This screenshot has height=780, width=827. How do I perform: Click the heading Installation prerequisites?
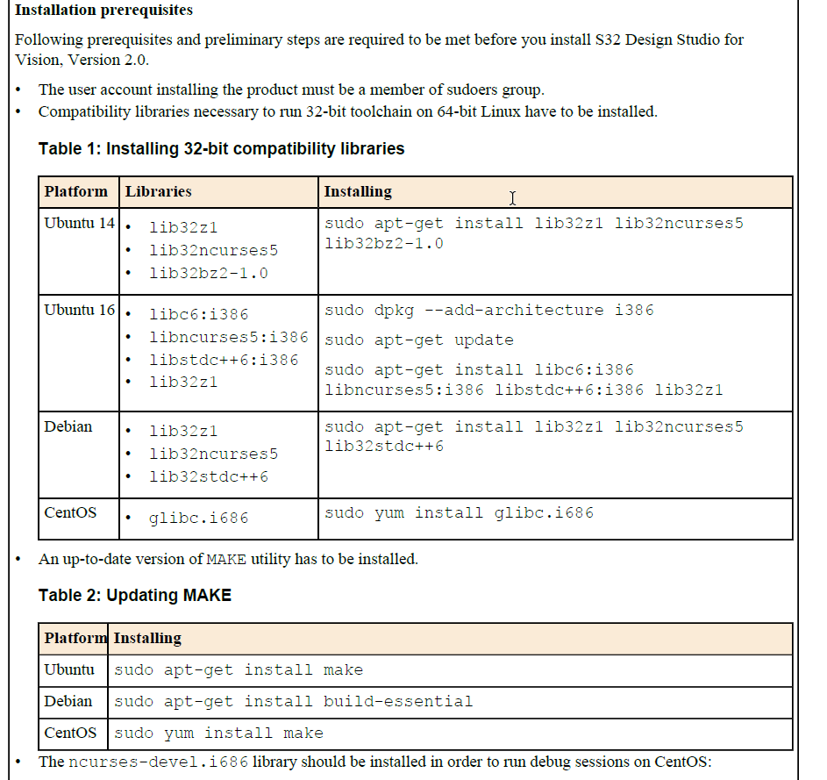point(104,11)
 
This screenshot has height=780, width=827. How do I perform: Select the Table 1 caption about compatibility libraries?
point(221,148)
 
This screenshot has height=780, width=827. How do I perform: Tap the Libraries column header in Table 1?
point(158,191)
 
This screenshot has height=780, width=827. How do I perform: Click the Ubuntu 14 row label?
point(80,223)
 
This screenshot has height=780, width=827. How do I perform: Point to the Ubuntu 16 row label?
point(80,310)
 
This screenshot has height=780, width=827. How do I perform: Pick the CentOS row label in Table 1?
point(70,512)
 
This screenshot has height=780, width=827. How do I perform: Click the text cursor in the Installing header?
point(513,198)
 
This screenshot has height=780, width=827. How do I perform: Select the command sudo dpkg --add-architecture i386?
point(488,310)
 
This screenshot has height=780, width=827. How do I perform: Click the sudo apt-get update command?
point(418,340)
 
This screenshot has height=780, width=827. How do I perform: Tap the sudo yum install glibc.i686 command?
point(459,512)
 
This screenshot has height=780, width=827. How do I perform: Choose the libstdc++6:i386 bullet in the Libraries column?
point(224,360)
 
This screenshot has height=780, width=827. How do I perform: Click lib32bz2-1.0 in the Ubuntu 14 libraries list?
point(209,273)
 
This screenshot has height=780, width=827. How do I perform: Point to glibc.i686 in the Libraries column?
point(199,518)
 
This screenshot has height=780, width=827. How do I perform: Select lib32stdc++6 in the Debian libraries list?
point(209,476)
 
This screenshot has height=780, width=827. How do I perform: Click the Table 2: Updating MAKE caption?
point(135,595)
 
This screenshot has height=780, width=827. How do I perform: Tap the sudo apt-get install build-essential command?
point(293,702)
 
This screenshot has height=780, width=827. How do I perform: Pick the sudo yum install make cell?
point(218,733)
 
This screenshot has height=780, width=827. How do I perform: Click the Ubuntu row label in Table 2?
point(69,669)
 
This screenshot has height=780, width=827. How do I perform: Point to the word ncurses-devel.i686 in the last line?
point(158,762)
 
